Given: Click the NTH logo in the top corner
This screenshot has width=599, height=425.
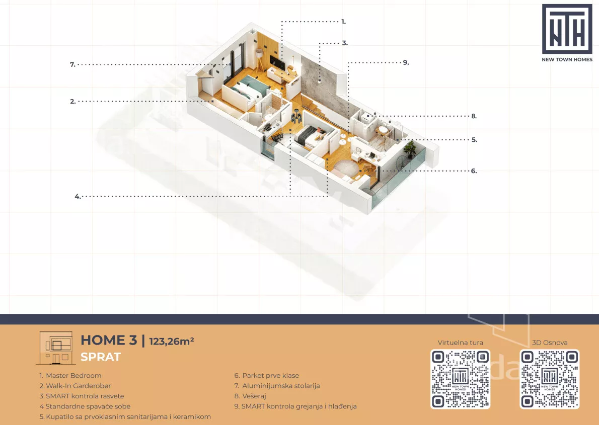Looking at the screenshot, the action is (x=567, y=33).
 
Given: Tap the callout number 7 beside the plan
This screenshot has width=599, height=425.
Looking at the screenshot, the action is (x=72, y=64).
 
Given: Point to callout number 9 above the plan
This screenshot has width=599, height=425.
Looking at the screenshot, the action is (x=406, y=63).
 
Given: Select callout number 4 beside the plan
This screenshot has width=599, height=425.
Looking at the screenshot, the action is (x=78, y=197).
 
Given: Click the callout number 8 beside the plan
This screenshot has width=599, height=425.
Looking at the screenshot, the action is (x=474, y=116).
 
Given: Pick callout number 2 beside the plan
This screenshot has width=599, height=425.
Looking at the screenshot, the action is (x=72, y=102).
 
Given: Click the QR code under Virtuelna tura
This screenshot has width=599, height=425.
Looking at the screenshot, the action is (x=461, y=379).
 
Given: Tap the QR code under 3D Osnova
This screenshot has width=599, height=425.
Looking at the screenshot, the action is (x=549, y=379).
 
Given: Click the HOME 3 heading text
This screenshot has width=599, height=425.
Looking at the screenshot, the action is (x=109, y=340).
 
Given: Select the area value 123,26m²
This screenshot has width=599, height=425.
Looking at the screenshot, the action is (x=172, y=341).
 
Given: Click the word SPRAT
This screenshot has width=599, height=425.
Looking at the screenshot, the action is (x=101, y=357).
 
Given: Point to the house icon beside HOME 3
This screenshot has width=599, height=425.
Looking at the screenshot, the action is (x=56, y=348).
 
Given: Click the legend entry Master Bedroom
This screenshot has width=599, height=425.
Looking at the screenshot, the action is (x=70, y=376).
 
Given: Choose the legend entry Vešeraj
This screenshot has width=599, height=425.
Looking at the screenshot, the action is (x=250, y=396).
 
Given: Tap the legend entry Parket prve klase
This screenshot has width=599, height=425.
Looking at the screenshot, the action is (x=267, y=376).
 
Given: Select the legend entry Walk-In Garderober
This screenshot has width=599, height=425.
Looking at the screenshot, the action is (x=75, y=386).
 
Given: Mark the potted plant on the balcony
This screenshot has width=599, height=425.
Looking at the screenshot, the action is (x=410, y=148).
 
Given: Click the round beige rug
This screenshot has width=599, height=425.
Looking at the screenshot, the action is (x=346, y=167).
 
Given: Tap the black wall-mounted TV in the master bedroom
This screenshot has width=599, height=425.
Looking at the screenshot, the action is (x=276, y=63).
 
